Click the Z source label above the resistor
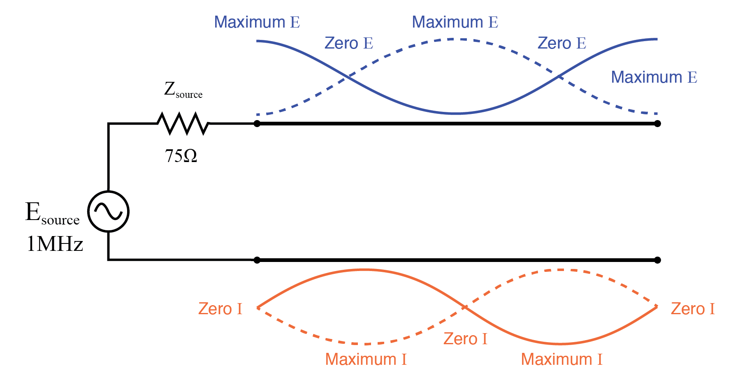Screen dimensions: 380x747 click(x=183, y=90)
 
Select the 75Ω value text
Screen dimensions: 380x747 click(x=181, y=156)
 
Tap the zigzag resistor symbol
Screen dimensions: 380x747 click(x=183, y=123)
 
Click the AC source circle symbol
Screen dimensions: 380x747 click(x=108, y=211)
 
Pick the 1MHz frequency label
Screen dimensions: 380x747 click(x=55, y=244)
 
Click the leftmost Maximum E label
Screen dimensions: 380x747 click(x=257, y=22)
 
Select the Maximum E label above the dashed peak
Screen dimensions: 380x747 click(x=455, y=22)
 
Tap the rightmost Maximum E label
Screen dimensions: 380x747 click(x=654, y=77)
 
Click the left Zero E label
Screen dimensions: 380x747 click(x=348, y=43)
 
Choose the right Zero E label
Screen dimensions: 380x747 click(x=561, y=43)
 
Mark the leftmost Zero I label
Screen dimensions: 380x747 click(x=220, y=309)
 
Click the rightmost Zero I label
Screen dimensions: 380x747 click(x=693, y=309)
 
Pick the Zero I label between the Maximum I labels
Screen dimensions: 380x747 click(x=465, y=339)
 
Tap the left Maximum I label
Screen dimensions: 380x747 click(x=366, y=359)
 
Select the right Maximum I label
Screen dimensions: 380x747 click(x=561, y=359)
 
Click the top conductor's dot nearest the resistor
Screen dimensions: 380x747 click(x=257, y=123)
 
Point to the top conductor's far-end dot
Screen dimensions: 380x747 click(x=657, y=123)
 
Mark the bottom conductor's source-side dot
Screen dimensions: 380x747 click(x=257, y=260)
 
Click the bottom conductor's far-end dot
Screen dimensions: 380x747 click(x=657, y=260)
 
